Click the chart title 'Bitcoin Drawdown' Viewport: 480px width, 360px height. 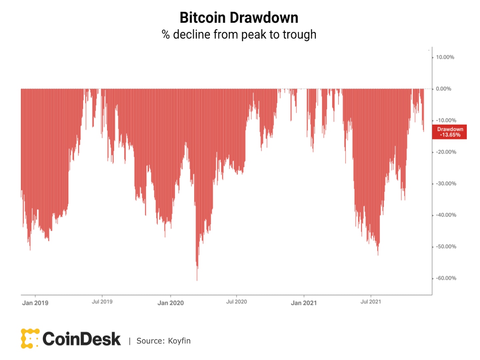click(239, 18)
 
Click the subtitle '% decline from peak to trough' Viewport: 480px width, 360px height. click(239, 35)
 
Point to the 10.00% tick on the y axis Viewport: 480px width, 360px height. click(445, 57)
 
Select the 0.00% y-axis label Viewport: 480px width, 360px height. click(443, 89)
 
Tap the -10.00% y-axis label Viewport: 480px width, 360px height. click(446, 120)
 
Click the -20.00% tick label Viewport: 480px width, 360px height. click(446, 152)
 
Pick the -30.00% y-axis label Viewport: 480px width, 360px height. click(446, 184)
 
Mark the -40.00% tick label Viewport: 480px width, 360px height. click(446, 215)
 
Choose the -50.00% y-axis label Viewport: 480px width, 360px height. click(446, 247)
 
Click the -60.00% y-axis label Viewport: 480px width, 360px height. click(446, 278)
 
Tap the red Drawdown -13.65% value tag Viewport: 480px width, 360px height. click(450, 132)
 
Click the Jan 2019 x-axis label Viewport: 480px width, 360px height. click(35, 303)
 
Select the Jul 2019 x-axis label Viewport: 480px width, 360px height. click(102, 302)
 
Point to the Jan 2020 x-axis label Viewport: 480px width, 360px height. click(170, 303)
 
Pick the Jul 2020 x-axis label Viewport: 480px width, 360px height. click(236, 302)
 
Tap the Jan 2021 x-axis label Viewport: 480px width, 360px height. click(304, 303)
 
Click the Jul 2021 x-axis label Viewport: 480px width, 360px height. click(370, 302)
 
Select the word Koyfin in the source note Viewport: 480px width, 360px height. click(179, 341)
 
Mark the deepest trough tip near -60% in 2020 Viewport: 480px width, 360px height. click(197, 280)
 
